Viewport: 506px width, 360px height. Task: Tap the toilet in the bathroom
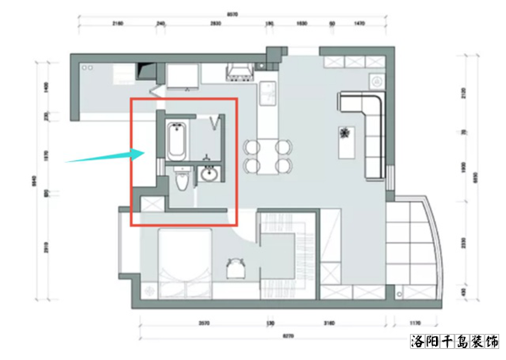point(180,181)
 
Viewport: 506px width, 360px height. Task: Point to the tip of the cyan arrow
point(141,153)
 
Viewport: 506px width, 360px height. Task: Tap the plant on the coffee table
point(344,132)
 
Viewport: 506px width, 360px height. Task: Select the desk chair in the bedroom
point(234,267)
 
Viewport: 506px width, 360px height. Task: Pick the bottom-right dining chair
point(283,164)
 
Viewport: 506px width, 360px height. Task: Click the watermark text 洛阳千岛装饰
point(453,342)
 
